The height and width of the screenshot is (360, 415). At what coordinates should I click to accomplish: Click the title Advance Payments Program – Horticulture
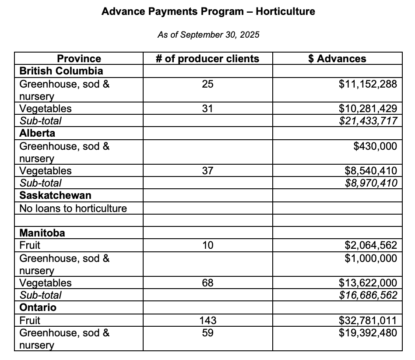(x=208, y=12)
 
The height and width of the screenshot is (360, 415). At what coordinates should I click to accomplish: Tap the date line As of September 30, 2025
(x=208, y=35)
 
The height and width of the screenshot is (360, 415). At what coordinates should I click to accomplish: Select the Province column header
(x=79, y=59)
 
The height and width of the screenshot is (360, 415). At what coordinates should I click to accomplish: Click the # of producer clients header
(x=208, y=59)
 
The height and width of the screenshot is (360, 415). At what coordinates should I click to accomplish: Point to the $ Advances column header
(x=337, y=59)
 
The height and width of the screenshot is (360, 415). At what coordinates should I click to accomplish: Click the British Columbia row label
(x=61, y=71)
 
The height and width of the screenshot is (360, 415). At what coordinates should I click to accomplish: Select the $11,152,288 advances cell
(x=368, y=84)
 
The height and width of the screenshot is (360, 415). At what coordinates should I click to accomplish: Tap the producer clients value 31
(x=208, y=109)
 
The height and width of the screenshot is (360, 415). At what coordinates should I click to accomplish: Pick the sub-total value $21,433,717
(x=368, y=121)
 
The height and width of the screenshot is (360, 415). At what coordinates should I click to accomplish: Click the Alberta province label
(x=37, y=133)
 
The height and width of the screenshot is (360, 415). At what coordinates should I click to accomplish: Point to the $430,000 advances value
(x=375, y=146)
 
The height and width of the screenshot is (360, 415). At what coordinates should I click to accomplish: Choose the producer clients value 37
(x=208, y=171)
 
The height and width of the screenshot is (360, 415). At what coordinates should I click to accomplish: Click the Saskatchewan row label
(x=49, y=195)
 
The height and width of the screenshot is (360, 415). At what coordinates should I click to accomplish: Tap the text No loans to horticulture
(x=73, y=208)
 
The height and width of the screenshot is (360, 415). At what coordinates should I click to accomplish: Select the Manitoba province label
(x=42, y=233)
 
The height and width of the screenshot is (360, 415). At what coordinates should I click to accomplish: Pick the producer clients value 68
(x=208, y=283)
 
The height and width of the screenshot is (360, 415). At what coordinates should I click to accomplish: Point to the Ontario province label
(x=38, y=307)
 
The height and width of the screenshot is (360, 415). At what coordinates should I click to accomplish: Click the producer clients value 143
(x=208, y=320)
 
